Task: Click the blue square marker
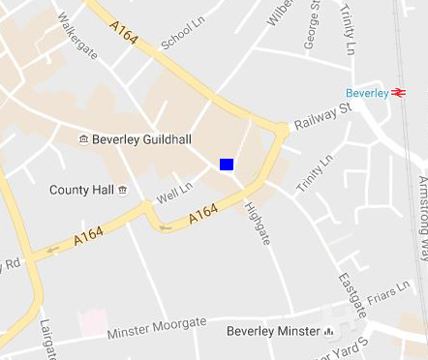[227, 165]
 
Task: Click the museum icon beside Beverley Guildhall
[83, 140]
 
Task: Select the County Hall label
[81, 191]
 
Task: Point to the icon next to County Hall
[122, 191]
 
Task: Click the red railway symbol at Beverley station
[398, 93]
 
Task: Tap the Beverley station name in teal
[368, 93]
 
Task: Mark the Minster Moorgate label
[157, 327]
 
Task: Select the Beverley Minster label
[272, 332]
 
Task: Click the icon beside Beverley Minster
[329, 332]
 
